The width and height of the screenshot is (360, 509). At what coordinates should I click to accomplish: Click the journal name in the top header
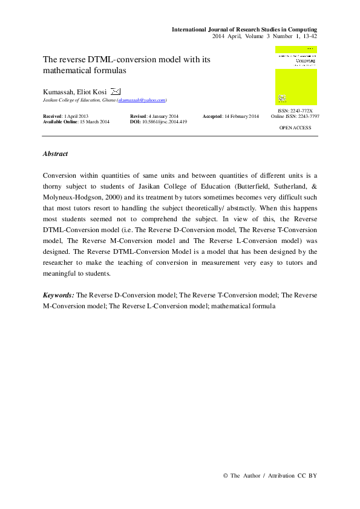coord(244,29)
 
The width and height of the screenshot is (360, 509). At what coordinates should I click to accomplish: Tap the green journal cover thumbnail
coord(296,75)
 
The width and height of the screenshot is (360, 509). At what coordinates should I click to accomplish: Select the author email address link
coord(142,100)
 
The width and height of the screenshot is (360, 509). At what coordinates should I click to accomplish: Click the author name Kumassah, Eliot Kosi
coord(75,91)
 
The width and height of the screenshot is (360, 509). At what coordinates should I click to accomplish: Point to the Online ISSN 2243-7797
coord(295,116)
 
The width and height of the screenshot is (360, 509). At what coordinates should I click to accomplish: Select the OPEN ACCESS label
coord(295,128)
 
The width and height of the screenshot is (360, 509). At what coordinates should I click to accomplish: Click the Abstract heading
coord(55,154)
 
